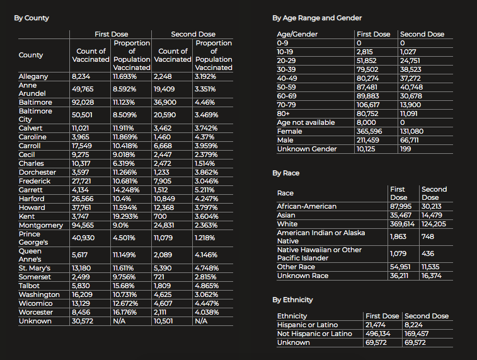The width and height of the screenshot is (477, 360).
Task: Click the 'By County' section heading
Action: [x=32, y=18]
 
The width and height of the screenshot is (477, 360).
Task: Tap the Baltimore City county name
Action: [x=35, y=115]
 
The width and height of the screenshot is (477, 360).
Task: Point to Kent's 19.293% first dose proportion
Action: [x=125, y=216]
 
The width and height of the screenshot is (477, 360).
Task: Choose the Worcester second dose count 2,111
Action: [x=162, y=312]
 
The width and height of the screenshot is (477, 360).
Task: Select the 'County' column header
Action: [x=31, y=55]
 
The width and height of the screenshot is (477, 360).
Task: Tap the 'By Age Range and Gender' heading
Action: [x=317, y=18]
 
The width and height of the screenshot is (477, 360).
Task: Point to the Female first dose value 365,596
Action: [x=369, y=131]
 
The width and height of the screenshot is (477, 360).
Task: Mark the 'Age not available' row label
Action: [x=306, y=122]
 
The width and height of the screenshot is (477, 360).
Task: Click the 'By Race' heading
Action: [x=285, y=173]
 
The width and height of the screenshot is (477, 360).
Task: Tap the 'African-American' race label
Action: [x=307, y=206]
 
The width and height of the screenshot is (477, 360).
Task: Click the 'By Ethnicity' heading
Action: [x=292, y=299]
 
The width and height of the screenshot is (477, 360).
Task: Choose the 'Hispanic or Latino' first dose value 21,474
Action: [x=377, y=325]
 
